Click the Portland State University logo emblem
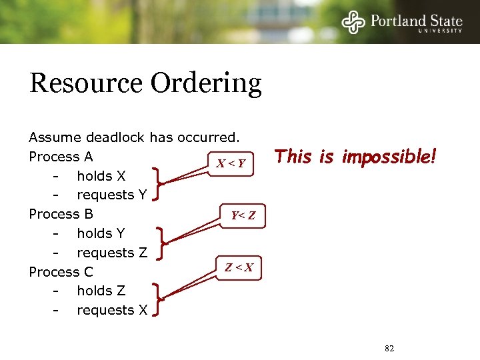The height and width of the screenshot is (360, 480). (x=353, y=22)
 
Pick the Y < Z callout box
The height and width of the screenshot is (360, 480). (x=243, y=215)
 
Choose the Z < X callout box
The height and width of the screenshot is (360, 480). (x=239, y=267)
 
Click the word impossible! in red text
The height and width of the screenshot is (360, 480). (x=389, y=157)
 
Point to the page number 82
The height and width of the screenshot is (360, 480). (x=390, y=348)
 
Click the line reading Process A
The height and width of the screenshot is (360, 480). (x=61, y=157)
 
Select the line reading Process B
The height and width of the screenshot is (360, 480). (x=61, y=214)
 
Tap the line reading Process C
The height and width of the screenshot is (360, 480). (x=61, y=272)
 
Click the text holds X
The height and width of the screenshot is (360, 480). (x=101, y=176)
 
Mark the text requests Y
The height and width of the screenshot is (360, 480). (x=112, y=195)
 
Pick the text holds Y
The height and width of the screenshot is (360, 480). (x=101, y=233)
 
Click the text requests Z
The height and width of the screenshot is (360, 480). (x=112, y=253)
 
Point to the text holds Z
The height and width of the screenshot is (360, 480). (x=101, y=291)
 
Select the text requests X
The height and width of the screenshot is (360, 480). (x=112, y=310)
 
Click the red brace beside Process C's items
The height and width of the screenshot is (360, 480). (x=158, y=299)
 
